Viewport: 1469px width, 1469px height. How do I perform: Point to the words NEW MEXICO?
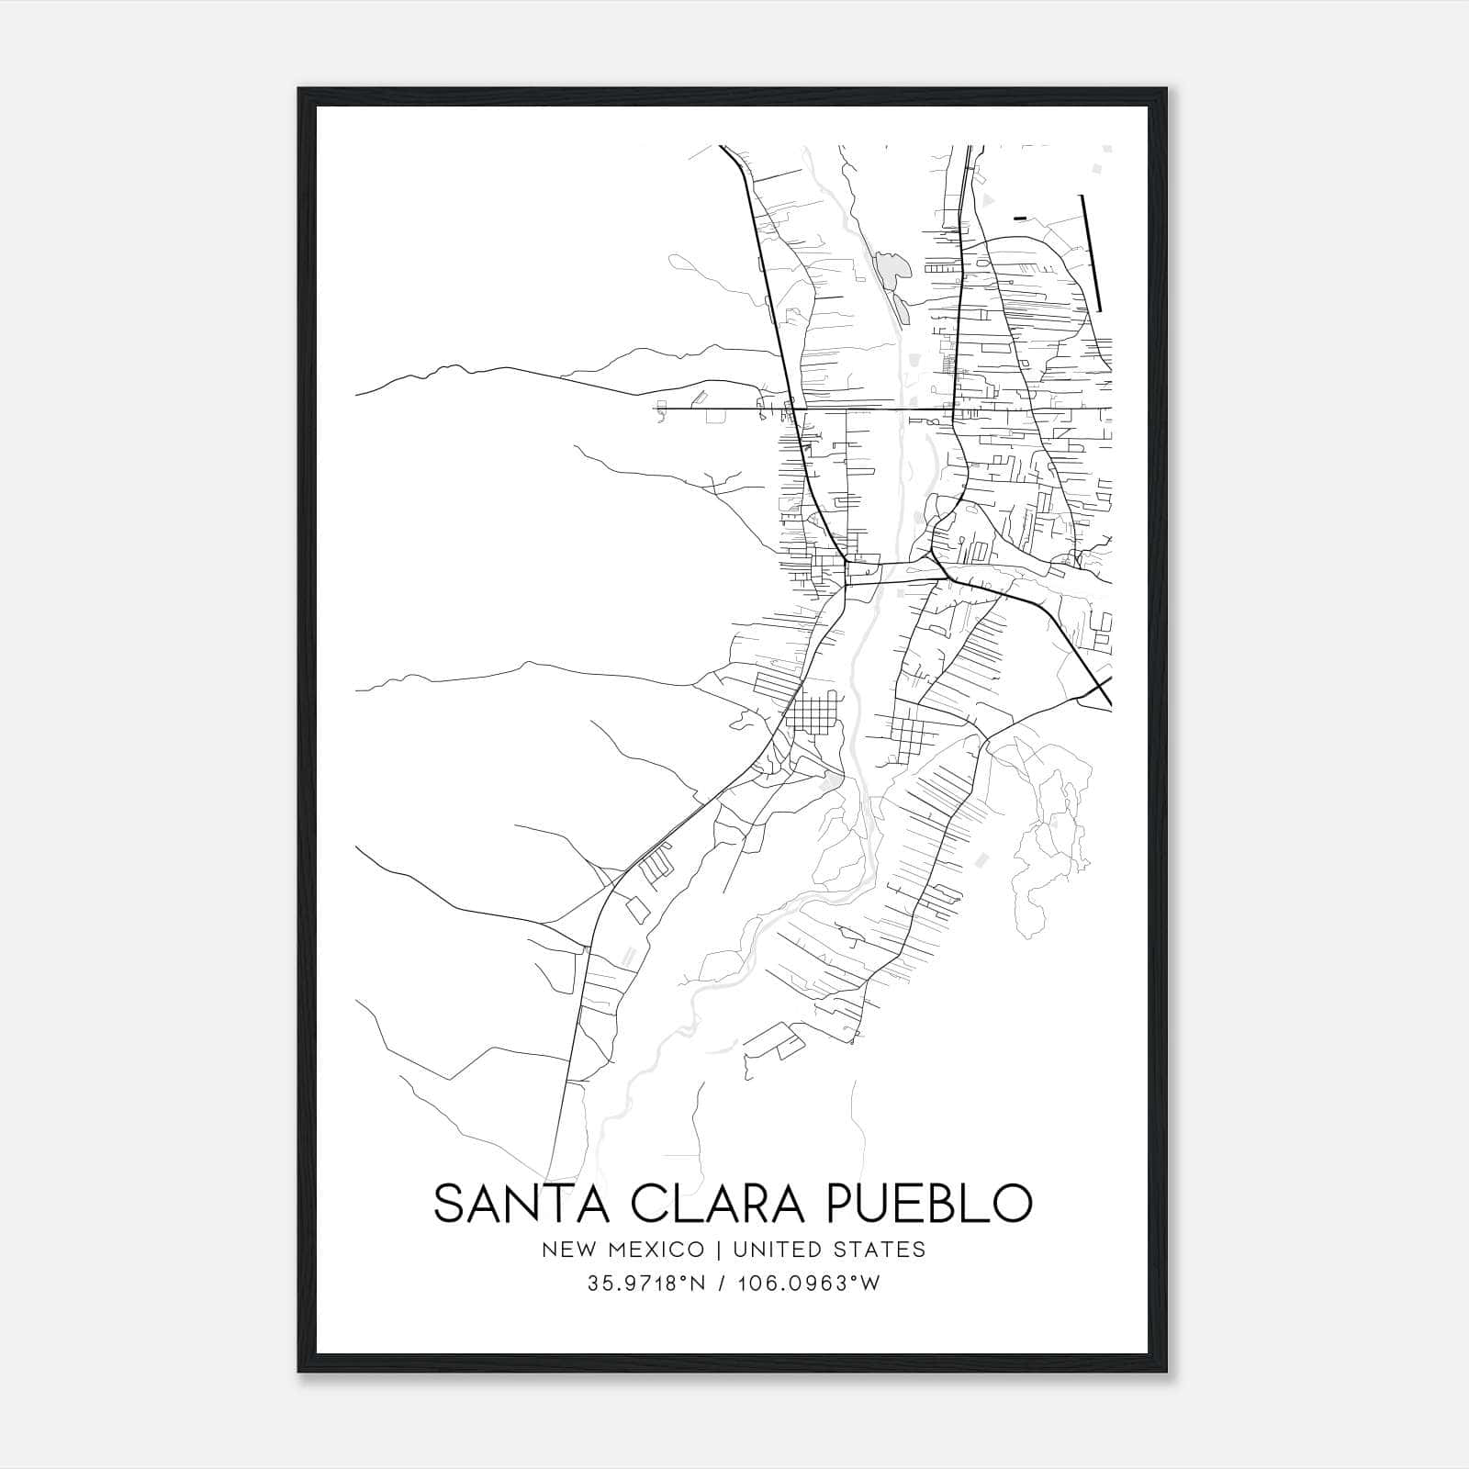(x=623, y=1250)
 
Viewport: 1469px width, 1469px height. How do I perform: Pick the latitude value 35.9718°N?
(x=646, y=1284)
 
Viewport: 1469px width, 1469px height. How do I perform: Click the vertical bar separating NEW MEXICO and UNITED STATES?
(x=715, y=1250)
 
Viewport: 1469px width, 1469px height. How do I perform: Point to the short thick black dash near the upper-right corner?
(x=1020, y=218)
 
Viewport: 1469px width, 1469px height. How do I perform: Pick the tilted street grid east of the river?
(x=909, y=732)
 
